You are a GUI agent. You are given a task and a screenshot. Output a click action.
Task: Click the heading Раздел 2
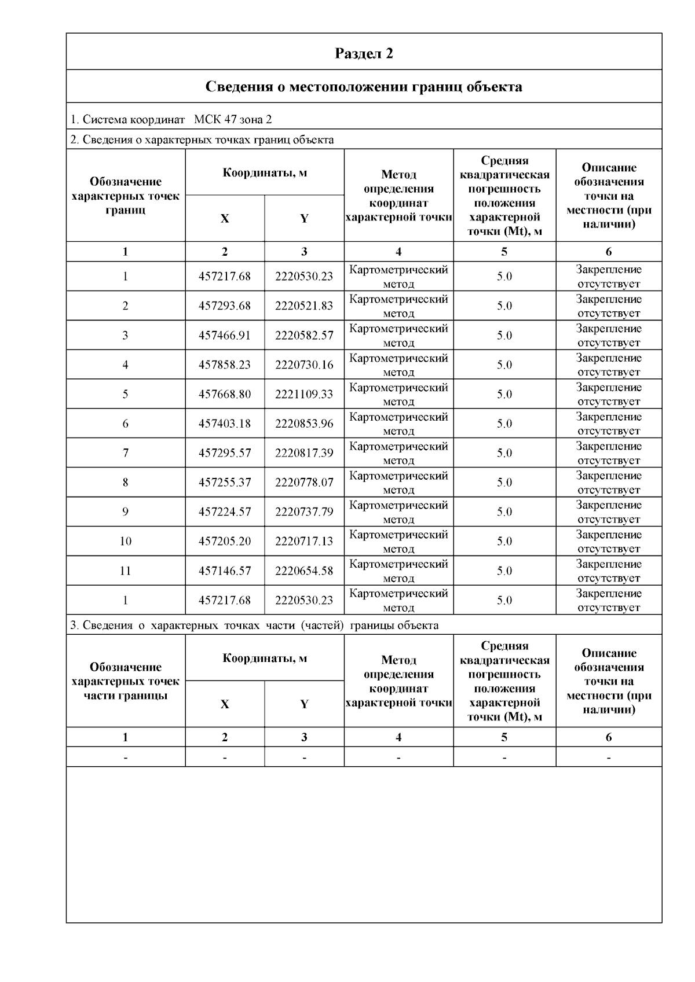click(364, 53)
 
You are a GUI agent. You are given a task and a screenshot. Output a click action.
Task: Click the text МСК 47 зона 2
click(233, 120)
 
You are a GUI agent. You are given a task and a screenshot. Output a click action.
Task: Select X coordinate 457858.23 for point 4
click(225, 365)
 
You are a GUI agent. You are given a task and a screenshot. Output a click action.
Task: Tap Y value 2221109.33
click(304, 394)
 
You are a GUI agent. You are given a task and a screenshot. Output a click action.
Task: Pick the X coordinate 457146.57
click(225, 571)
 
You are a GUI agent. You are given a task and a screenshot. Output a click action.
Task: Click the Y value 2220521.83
click(304, 306)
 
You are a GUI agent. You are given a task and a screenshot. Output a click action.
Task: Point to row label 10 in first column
click(126, 541)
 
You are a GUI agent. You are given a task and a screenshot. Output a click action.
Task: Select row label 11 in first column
click(126, 571)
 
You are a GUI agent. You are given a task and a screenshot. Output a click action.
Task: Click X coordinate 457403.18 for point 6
click(225, 424)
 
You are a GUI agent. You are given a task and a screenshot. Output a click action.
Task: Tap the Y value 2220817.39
click(304, 453)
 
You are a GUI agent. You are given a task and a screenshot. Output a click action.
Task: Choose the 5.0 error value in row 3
click(504, 335)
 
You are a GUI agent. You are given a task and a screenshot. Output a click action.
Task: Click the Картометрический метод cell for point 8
click(398, 483)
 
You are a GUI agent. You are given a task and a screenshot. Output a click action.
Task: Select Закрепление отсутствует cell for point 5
click(609, 394)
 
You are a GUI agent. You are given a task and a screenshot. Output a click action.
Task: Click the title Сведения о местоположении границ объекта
click(364, 87)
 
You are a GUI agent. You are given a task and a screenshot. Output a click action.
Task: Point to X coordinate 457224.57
click(225, 512)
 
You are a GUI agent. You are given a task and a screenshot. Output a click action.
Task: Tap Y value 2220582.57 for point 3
click(304, 335)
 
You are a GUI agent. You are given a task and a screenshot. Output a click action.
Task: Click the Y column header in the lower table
click(304, 704)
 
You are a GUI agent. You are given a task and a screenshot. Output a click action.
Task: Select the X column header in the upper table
click(225, 218)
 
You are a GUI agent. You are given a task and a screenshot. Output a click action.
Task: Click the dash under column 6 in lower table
click(609, 757)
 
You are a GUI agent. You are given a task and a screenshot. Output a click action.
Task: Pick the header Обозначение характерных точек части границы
click(126, 681)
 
